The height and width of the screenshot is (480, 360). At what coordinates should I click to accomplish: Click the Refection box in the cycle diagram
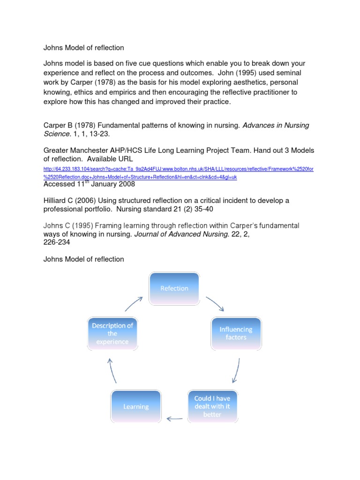(174, 288)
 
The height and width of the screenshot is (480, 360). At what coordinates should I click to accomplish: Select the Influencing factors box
(236, 333)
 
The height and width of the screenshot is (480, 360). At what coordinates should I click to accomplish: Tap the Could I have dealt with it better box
(212, 406)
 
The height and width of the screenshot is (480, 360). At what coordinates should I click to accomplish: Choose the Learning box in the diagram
(136, 406)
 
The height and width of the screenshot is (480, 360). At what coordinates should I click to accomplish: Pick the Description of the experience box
(112, 333)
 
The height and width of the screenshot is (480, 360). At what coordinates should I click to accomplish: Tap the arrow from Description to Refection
(134, 303)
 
